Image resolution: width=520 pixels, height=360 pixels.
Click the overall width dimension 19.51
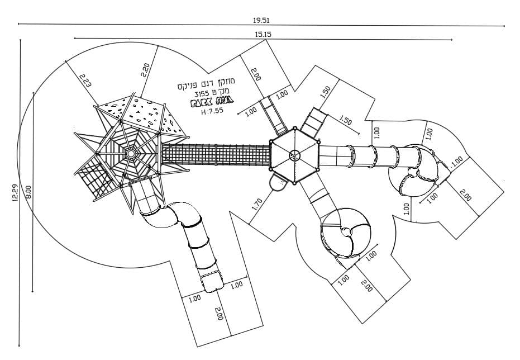[x=261, y=20]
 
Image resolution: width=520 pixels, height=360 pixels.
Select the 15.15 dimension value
[x=263, y=34]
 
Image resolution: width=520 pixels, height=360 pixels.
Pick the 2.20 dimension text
[x=145, y=70]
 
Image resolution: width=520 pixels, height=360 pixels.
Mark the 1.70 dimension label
[x=257, y=203]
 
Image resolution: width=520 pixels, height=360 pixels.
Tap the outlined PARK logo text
[x=212, y=103]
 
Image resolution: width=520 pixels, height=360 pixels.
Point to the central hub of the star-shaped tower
[x=131, y=153]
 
